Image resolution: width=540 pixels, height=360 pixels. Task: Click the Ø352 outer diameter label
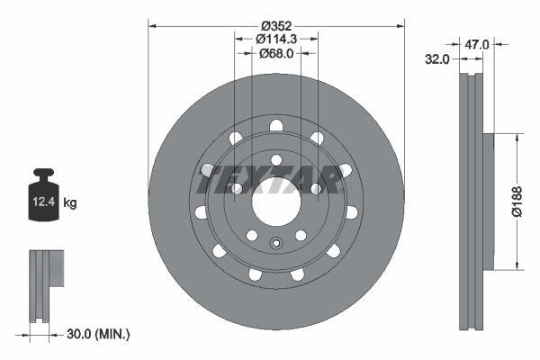[x=276, y=25]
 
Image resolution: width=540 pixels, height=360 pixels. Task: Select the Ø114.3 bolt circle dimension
[x=276, y=40]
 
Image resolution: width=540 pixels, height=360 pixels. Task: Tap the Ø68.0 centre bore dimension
[x=276, y=54]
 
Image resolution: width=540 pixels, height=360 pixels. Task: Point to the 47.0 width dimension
[x=477, y=43]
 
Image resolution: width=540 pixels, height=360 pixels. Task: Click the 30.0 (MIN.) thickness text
[x=98, y=334]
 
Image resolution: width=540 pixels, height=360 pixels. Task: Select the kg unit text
[x=70, y=204]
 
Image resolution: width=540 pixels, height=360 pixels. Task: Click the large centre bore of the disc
[x=275, y=202]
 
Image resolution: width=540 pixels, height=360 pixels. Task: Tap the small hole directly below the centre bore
[x=276, y=241]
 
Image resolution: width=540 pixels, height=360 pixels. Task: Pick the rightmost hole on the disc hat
[x=352, y=212]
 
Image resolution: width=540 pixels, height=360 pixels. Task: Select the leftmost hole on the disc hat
[x=200, y=212]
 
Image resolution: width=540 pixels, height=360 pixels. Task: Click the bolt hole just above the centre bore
[x=275, y=159]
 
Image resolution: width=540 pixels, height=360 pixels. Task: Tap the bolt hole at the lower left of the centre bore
[x=252, y=235]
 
